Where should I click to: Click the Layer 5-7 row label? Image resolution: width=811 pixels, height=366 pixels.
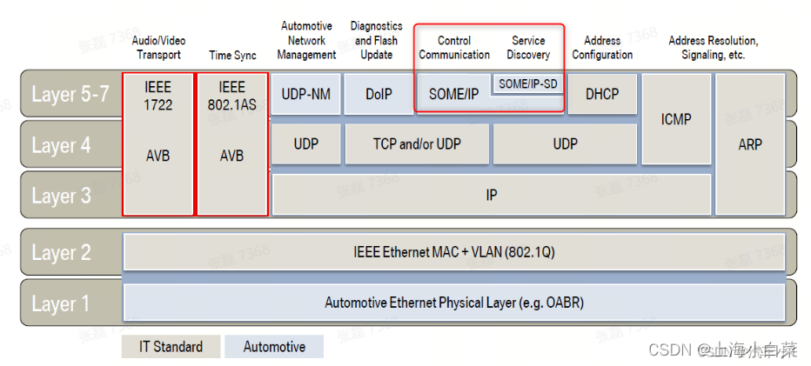pyautogui.click(x=70, y=94)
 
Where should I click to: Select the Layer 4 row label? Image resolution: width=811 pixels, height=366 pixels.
pyautogui.click(x=61, y=145)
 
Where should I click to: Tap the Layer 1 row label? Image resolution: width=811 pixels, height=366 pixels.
pyautogui.click(x=61, y=303)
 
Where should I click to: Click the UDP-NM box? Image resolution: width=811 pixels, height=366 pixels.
pyautogui.click(x=305, y=94)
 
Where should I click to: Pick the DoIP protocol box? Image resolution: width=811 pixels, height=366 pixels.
pyautogui.click(x=378, y=94)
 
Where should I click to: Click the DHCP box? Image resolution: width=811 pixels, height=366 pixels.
pyautogui.click(x=601, y=94)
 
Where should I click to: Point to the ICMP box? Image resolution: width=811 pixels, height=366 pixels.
pyautogui.click(x=675, y=119)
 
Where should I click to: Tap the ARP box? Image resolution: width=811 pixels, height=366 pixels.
pyautogui.click(x=749, y=144)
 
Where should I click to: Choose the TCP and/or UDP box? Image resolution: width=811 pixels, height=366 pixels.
pyautogui.click(x=417, y=144)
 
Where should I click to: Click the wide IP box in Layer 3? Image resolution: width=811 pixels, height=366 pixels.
pyautogui.click(x=491, y=195)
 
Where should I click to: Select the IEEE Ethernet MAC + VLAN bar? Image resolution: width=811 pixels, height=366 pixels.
pyautogui.click(x=453, y=252)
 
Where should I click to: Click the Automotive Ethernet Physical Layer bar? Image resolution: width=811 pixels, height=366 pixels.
pyautogui.click(x=453, y=303)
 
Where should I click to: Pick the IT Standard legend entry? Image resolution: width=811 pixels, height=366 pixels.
pyautogui.click(x=171, y=346)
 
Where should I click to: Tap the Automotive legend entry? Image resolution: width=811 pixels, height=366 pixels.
pyautogui.click(x=274, y=346)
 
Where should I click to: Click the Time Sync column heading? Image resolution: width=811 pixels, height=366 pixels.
pyautogui.click(x=232, y=55)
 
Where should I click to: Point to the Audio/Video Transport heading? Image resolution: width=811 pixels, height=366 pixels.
pyautogui.click(x=158, y=48)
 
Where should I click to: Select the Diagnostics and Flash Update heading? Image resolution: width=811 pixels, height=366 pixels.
pyautogui.click(x=378, y=40)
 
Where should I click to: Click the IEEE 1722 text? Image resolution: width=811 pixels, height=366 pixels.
pyautogui.click(x=158, y=96)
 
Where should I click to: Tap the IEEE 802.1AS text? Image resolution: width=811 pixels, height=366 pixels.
pyautogui.click(x=231, y=96)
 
